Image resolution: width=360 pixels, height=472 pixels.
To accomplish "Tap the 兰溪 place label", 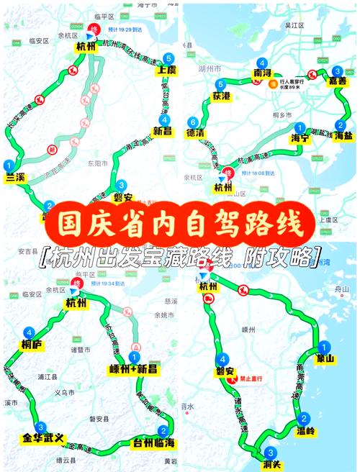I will [x=15, y=177].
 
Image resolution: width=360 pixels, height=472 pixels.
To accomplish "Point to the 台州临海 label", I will [x=150, y=442].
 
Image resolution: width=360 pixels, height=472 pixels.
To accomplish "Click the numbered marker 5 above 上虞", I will [x=168, y=58].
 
